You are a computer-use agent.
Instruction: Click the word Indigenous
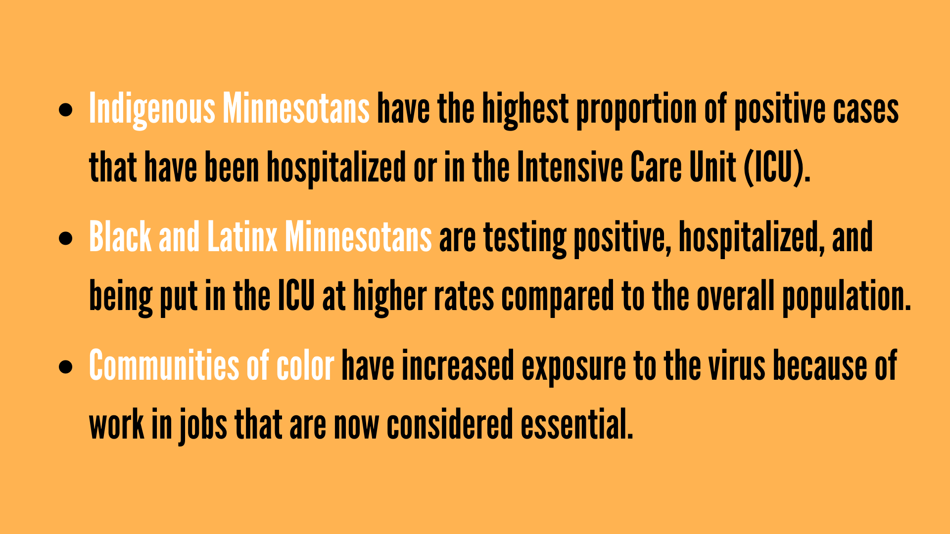pos(152,109)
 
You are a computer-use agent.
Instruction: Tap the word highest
pos(525,109)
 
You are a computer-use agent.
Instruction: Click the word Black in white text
pos(120,237)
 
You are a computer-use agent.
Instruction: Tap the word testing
pos(525,239)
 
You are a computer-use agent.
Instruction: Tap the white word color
pos(305,366)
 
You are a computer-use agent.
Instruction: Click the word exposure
pos(574,367)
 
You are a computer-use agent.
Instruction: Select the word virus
pos(737,366)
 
